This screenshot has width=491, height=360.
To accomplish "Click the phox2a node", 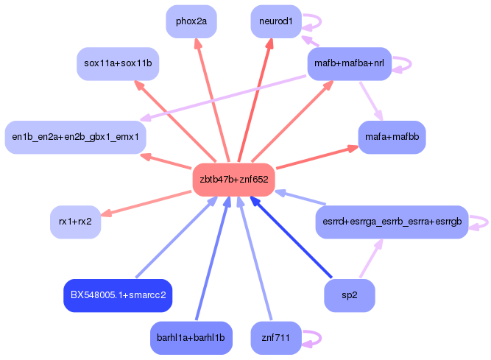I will (x=191, y=21).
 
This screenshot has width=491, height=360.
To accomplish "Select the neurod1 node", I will (x=276, y=21).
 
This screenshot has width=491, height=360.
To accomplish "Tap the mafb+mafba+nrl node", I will (x=349, y=63).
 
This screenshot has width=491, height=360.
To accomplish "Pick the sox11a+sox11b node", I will (x=118, y=63).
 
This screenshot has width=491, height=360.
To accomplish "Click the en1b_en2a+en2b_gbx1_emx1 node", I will (x=75, y=137).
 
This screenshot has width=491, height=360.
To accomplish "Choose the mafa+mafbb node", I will (x=392, y=137).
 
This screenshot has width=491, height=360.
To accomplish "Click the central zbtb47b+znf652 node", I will (x=233, y=179).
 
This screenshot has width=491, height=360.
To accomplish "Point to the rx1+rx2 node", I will (x=75, y=222).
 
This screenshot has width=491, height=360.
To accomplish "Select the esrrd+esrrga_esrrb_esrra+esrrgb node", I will (x=392, y=222).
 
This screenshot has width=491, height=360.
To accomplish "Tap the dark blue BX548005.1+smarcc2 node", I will (x=118, y=295).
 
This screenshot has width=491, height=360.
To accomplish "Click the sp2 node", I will (x=350, y=295).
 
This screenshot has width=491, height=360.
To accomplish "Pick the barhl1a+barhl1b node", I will (x=191, y=338).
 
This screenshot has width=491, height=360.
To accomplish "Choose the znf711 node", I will (x=276, y=338).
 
